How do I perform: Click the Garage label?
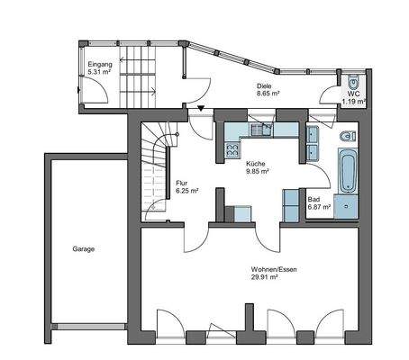point(84,249)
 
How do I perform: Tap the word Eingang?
point(101,66)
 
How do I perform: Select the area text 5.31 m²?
point(100,74)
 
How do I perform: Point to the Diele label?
point(263,85)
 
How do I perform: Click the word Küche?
point(256,163)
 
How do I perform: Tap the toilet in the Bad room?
point(349,138)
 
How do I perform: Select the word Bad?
point(314,199)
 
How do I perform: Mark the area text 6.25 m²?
point(186,192)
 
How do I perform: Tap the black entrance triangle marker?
point(200,110)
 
